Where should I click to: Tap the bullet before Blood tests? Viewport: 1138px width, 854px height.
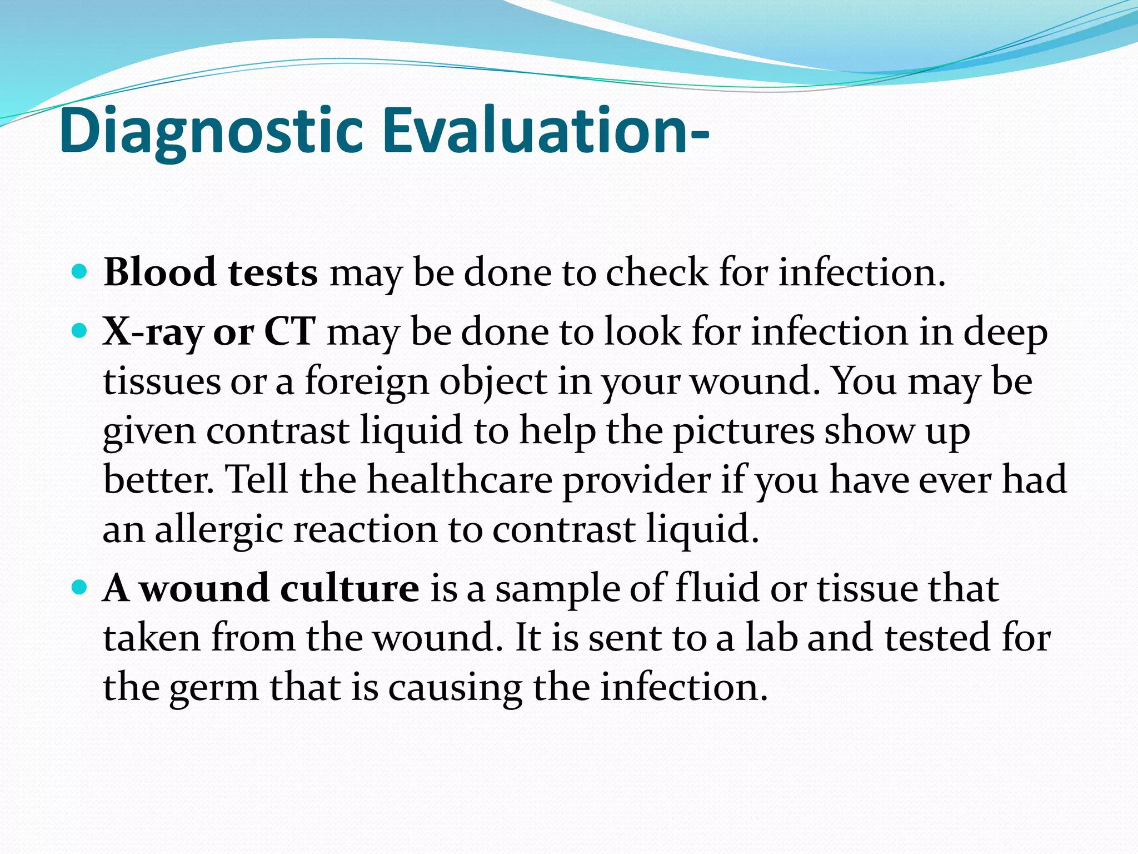point(80,272)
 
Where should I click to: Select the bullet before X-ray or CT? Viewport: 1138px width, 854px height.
point(80,332)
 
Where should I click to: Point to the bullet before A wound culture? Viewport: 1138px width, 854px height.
point(80,588)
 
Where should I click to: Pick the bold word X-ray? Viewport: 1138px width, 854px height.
point(152,332)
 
